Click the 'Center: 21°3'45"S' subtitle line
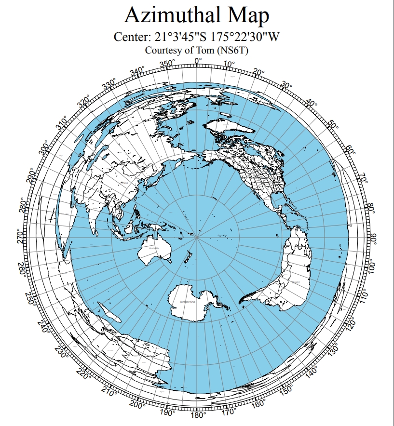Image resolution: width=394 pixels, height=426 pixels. [x=197, y=37]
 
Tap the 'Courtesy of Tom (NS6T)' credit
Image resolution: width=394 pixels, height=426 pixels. [x=197, y=50]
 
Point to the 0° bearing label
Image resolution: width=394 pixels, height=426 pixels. [x=198, y=61]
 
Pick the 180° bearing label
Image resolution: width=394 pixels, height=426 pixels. [x=198, y=415]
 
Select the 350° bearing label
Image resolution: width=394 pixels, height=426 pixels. [x=167, y=64]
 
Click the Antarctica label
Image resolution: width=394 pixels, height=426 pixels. [x=188, y=302]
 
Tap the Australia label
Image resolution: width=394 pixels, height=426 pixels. [x=154, y=248]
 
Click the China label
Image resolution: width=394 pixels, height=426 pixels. [x=125, y=183]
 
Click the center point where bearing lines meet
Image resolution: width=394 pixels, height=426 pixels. [x=197, y=238]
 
